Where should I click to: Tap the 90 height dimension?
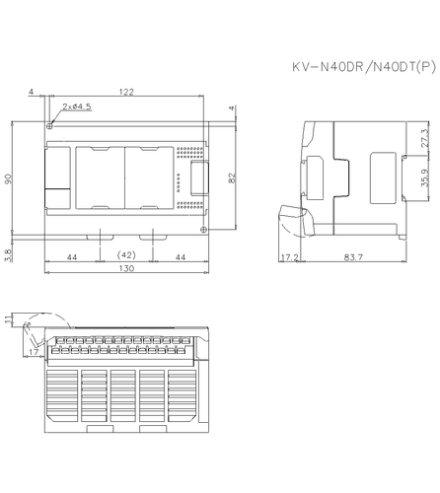[9, 180]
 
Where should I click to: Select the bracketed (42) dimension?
[126, 256]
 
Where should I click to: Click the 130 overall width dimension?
[126, 269]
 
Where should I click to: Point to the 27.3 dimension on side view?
[425, 138]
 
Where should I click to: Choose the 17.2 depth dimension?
[289, 257]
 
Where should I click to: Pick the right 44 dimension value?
[181, 256]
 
